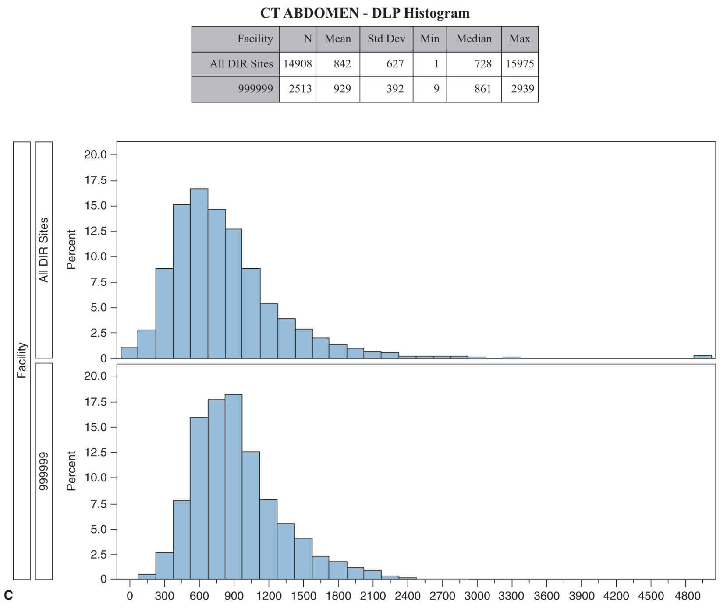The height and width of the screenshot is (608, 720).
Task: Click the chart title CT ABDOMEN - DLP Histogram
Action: pyautogui.click(x=365, y=13)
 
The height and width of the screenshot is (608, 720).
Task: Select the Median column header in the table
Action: pyautogui.click(x=474, y=39)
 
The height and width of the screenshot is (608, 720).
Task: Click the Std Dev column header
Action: pyautogui.click(x=386, y=39)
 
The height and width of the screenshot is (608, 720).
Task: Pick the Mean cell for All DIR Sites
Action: pyautogui.click(x=342, y=64)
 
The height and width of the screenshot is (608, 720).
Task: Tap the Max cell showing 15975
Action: pyautogui.click(x=520, y=64)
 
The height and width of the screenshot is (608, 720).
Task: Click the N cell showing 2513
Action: pyautogui.click(x=300, y=89)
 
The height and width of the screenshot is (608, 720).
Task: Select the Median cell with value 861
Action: pyautogui.click(x=482, y=89)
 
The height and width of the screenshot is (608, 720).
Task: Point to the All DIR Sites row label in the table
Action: pyautogui.click(x=241, y=64)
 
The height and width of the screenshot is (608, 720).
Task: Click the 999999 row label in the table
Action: pyautogui.click(x=255, y=89)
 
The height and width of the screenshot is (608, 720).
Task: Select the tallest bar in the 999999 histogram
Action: pyautogui.click(x=234, y=486)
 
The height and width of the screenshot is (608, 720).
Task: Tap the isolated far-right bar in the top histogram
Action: pyautogui.click(x=702, y=357)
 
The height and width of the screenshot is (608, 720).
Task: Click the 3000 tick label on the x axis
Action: pyautogui.click(x=477, y=596)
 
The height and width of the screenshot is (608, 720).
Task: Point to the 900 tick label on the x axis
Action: pyautogui.click(x=234, y=596)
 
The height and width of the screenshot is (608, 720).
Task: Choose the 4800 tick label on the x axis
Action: pyautogui.click(x=688, y=596)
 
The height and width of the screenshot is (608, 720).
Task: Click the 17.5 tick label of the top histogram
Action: pyautogui.click(x=96, y=180)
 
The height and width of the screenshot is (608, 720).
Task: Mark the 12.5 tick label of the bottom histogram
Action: pyautogui.click(x=96, y=452)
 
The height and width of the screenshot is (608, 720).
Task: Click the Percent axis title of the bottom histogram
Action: pyautogui.click(x=71, y=471)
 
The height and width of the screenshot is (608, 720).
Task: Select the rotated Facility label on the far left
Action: pyautogui.click(x=21, y=360)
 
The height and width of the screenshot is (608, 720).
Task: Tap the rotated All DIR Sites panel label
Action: pyautogui.click(x=43, y=250)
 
